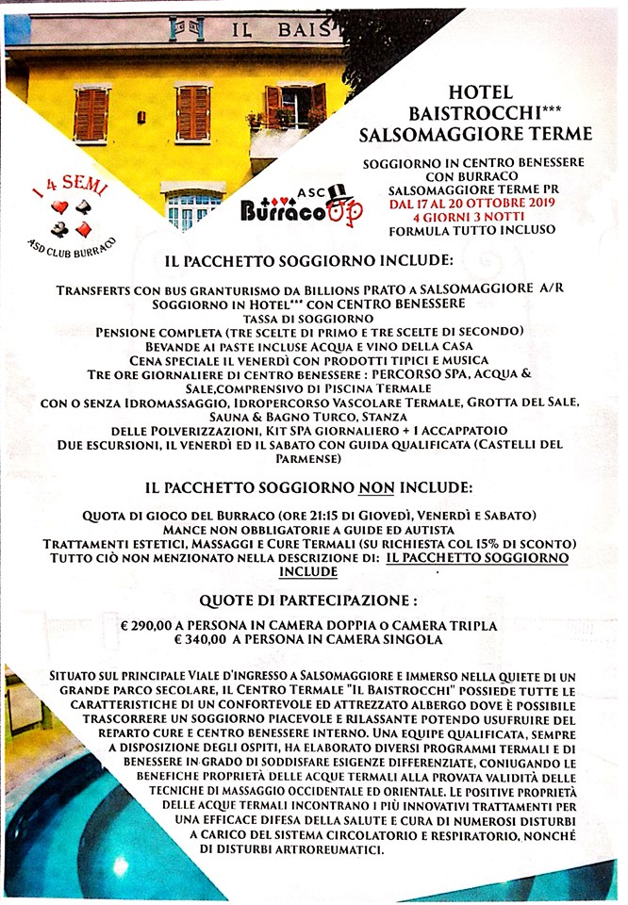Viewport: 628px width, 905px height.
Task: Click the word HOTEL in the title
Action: click(481, 93)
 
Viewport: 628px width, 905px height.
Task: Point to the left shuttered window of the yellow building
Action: click(91, 114)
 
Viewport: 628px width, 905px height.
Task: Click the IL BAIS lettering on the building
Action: click(283, 28)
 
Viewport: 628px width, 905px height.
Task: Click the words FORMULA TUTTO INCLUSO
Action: click(481, 229)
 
